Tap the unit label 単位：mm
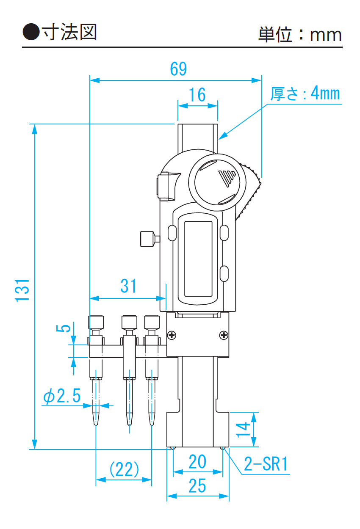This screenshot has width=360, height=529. [x=300, y=34]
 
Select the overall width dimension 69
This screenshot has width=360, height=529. [x=178, y=69]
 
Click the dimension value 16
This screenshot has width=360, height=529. [x=197, y=95]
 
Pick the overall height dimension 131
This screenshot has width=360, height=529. [x=22, y=290]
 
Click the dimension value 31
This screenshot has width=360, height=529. [x=129, y=286]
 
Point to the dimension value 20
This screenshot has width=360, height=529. [x=197, y=462]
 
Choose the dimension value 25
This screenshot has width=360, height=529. [x=197, y=486]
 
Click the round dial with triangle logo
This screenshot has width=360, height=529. [x=217, y=179]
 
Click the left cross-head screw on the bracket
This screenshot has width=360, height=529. [x=172, y=336]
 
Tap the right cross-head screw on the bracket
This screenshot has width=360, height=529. [x=224, y=336]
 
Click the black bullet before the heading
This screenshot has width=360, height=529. [x=30, y=32]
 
